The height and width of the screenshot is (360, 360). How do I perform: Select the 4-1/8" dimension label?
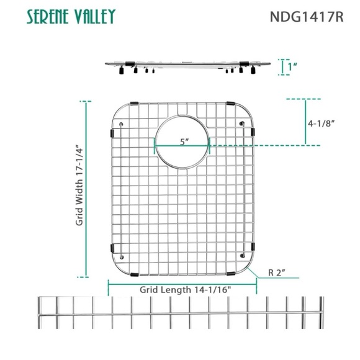coord(321,123)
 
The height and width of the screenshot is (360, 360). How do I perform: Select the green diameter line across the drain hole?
coord(182,147)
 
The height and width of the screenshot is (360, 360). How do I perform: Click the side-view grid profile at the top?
coord(186,65)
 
